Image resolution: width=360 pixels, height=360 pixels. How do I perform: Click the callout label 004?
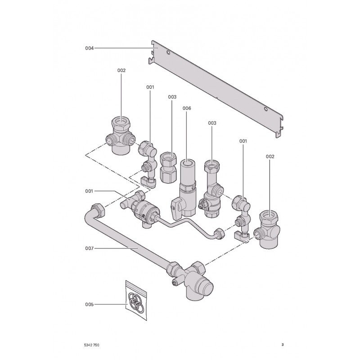[89, 48]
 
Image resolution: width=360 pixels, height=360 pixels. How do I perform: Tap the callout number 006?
[187, 108]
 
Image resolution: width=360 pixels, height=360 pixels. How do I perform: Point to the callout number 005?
[89, 305]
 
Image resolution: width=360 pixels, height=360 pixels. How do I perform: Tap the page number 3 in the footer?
[282, 345]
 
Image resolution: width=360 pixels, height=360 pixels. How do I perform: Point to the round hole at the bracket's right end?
[266, 109]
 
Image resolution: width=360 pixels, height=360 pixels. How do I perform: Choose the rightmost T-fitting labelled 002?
[269, 228]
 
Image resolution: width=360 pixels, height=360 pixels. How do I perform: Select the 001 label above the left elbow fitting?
[150, 86]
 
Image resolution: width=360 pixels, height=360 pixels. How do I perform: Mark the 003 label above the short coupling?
[172, 97]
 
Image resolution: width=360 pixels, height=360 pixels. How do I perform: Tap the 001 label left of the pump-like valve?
[89, 191]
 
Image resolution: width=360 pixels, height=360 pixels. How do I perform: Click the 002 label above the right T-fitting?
[270, 156]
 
